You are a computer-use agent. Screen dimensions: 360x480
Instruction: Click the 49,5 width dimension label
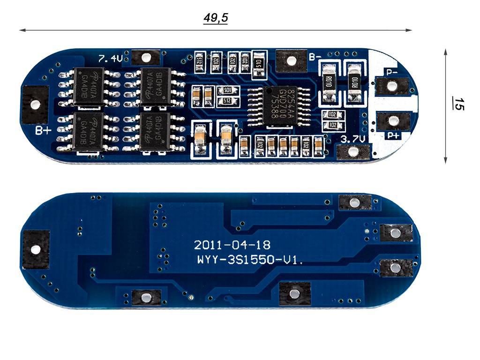[x=216, y=18]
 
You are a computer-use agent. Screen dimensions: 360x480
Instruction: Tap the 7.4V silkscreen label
[x=110, y=59]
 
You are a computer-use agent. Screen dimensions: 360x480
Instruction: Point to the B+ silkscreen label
[x=43, y=130]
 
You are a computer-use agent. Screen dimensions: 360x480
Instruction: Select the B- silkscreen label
[x=315, y=58]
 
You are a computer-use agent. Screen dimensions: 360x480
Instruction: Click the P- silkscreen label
[x=392, y=72]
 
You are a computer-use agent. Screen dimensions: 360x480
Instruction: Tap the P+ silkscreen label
[x=393, y=135]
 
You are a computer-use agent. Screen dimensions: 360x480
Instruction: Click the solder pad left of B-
[x=291, y=60]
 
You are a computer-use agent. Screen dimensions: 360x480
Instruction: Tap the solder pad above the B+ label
[x=35, y=105]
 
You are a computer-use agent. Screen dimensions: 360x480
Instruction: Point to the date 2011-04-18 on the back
[x=232, y=245]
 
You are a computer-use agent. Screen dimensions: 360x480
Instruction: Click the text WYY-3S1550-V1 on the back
[x=249, y=261]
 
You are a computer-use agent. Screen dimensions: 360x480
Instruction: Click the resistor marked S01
[x=227, y=90]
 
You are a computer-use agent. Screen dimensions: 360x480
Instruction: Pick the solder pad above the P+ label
[x=393, y=120]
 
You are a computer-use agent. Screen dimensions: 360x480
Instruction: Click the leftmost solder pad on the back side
[x=35, y=249]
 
